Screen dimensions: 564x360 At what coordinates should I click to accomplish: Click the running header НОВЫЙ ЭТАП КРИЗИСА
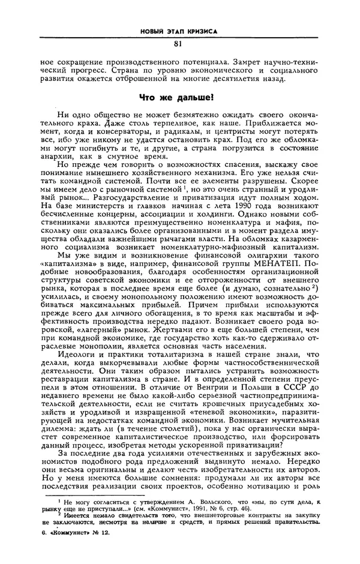coord(178,30)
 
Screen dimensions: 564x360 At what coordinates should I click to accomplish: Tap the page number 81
coord(178,43)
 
